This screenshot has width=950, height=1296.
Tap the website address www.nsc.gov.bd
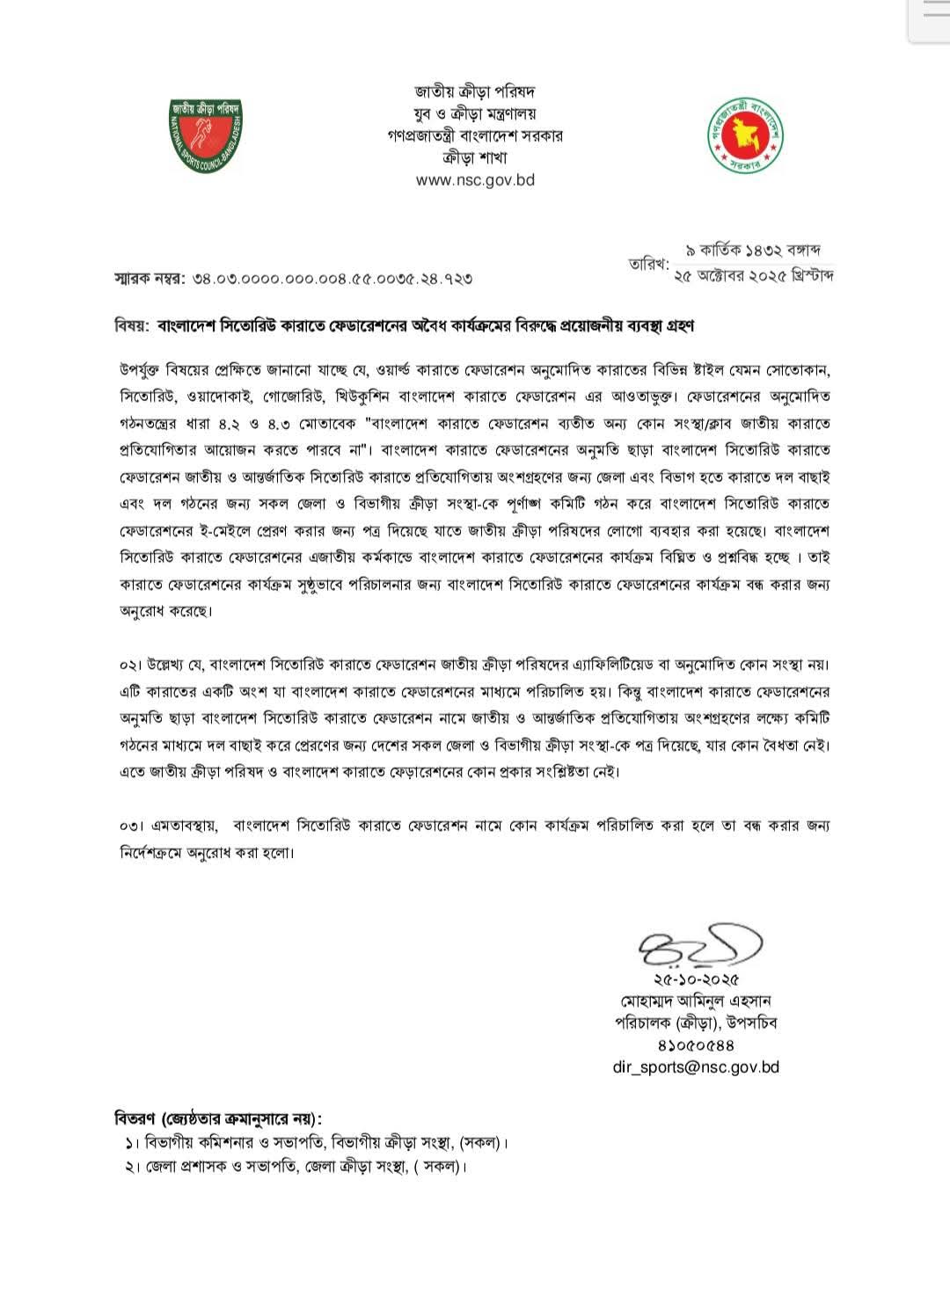[475, 180]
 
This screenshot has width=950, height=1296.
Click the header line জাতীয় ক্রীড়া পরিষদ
[475, 91]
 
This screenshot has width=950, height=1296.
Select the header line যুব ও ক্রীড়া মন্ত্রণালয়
[475, 113]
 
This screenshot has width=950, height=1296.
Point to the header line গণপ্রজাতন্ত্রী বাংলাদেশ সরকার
[475, 135]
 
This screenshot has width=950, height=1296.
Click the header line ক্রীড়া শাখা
[475, 158]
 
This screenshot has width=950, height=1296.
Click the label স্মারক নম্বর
[149, 279]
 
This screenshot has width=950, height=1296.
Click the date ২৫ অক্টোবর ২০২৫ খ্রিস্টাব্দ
[753, 275]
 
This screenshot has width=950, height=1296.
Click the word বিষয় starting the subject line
[131, 326]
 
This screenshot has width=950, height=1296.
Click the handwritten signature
[700, 948]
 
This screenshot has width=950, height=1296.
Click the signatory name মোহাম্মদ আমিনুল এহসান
[696, 1001]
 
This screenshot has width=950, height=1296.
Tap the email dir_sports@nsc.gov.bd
[696, 1067]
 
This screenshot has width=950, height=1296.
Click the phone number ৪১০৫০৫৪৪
[696, 1045]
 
